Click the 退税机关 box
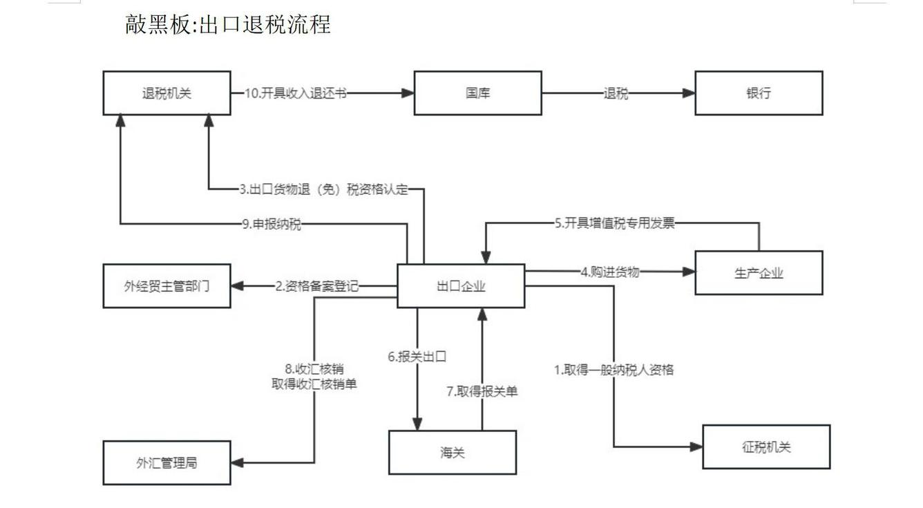(x=166, y=93)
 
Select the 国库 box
(x=477, y=93)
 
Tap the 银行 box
(x=759, y=93)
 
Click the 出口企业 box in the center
(x=461, y=286)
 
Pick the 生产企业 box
(x=759, y=273)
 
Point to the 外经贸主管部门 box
(x=166, y=286)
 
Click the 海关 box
(x=453, y=453)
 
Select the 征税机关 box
(x=766, y=447)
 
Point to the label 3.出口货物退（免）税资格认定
(x=324, y=189)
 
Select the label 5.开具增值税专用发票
(x=614, y=223)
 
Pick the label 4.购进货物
(x=610, y=272)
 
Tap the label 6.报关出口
(x=417, y=357)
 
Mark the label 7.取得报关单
(x=482, y=391)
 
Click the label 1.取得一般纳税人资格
(x=613, y=370)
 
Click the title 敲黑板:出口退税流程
(x=228, y=24)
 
